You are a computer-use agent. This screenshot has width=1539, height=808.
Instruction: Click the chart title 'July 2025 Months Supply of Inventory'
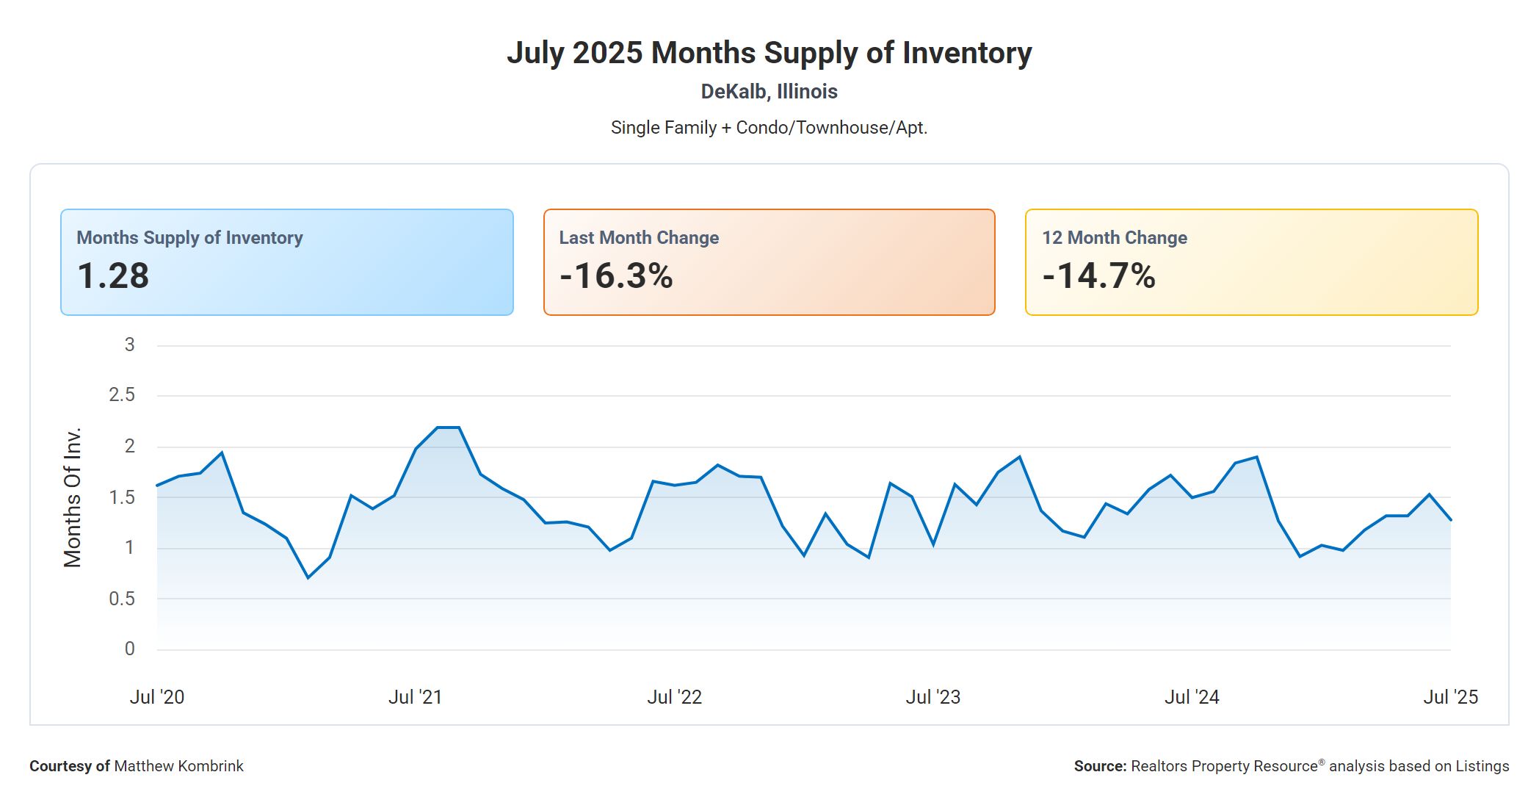(x=769, y=53)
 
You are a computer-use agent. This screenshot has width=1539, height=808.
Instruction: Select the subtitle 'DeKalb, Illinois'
(x=769, y=92)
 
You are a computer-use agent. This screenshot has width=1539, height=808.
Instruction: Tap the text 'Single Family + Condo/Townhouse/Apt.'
(x=769, y=128)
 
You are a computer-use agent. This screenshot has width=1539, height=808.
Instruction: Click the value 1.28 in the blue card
(x=113, y=276)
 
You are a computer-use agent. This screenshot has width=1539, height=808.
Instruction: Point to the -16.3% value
(x=616, y=276)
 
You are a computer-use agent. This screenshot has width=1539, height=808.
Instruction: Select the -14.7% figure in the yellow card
(x=1098, y=276)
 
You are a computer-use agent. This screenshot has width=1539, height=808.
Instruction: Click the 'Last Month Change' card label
(x=639, y=238)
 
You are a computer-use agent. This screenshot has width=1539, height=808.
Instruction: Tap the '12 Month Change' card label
(x=1114, y=238)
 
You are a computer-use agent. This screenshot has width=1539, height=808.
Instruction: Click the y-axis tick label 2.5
(x=122, y=395)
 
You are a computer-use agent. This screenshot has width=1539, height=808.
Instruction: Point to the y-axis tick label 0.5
(x=122, y=599)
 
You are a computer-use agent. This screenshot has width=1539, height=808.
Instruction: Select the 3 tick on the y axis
(x=129, y=345)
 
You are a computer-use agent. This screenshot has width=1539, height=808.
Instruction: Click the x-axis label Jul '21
(x=415, y=697)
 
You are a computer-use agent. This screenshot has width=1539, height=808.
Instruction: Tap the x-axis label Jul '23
(x=933, y=697)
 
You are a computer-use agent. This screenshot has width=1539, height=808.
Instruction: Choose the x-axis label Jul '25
(x=1450, y=697)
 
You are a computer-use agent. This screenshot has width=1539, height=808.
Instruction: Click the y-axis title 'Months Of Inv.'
(x=73, y=497)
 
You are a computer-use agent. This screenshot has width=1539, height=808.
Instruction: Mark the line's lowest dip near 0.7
(x=308, y=577)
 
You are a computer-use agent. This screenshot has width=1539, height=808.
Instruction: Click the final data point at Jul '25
(x=1450, y=520)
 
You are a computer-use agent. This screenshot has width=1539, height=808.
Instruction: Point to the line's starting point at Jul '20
(x=157, y=486)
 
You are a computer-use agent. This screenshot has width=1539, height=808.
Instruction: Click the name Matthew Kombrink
(x=178, y=766)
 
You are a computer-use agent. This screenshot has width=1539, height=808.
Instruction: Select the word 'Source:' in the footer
(x=1100, y=766)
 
